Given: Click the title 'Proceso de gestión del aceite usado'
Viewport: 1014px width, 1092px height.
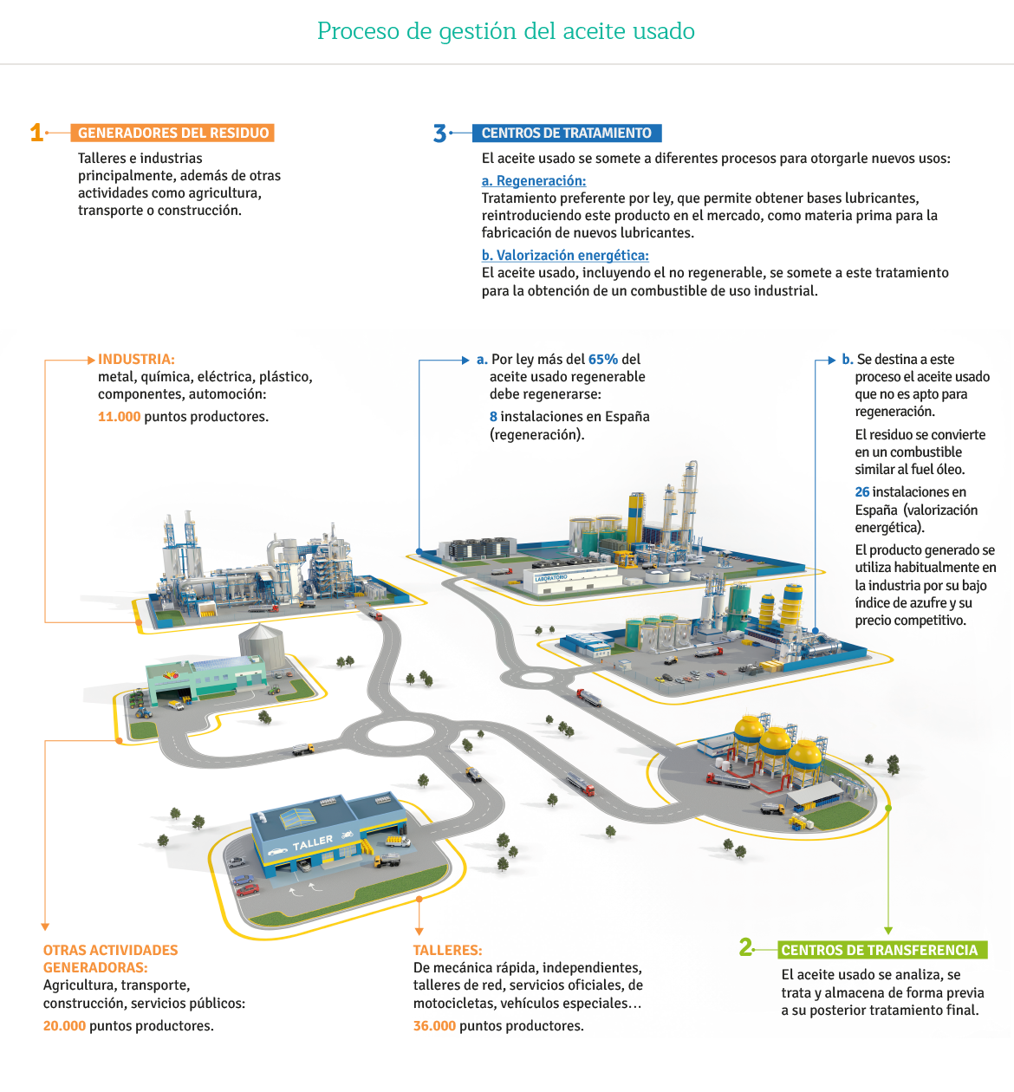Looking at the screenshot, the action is pyautogui.click(x=506, y=31).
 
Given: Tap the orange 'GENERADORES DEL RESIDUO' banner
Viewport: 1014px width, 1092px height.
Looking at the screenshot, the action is pyautogui.click(x=172, y=133).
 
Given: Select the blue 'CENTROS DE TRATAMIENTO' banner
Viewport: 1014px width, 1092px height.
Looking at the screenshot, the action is pyautogui.click(x=567, y=133).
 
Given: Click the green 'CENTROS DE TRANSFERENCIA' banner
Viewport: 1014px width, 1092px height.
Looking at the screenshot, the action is pyautogui.click(x=882, y=950).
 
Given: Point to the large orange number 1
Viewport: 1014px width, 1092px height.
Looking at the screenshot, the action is pyautogui.click(x=36, y=133).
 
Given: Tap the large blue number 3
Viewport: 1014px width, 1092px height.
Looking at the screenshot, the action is pyautogui.click(x=439, y=133).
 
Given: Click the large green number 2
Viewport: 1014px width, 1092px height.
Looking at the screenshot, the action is pyautogui.click(x=745, y=947).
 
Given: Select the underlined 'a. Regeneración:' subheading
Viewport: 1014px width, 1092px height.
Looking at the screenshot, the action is pyautogui.click(x=533, y=181).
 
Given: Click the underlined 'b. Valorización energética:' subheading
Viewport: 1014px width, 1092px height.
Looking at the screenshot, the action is pyautogui.click(x=565, y=256).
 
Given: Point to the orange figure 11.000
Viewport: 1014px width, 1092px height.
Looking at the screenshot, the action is pyautogui.click(x=120, y=417).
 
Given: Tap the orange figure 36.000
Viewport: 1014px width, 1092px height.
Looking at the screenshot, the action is pyautogui.click(x=434, y=1025).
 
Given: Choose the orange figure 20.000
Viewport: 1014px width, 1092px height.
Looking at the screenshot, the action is pyautogui.click(x=64, y=1025).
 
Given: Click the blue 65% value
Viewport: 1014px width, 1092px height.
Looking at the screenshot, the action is pyautogui.click(x=603, y=360).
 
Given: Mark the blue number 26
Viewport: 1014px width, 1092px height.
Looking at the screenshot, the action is pyautogui.click(x=862, y=492).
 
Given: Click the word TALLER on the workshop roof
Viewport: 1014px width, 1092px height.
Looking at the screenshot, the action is pyautogui.click(x=312, y=842).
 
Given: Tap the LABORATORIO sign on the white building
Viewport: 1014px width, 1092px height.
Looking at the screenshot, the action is pyautogui.click(x=550, y=578).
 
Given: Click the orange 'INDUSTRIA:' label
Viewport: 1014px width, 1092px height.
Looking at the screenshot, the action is pyautogui.click(x=136, y=360).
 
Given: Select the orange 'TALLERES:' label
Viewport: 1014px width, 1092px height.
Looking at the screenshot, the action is pyautogui.click(x=447, y=950).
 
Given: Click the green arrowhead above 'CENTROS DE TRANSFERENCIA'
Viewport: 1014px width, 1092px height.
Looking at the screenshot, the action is pyautogui.click(x=888, y=930).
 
